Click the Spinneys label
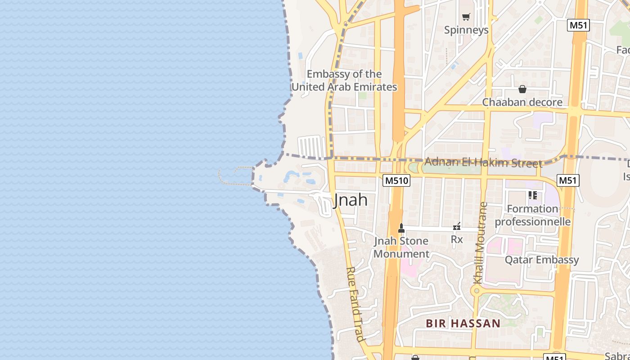pyautogui.click(x=466, y=30)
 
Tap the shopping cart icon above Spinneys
pyautogui.click(x=466, y=17)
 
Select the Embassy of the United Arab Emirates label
pyautogui.click(x=344, y=81)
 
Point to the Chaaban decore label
pyautogui.click(x=522, y=102)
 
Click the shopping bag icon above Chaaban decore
pyautogui.click(x=522, y=89)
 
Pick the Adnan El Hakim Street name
pyautogui.click(x=483, y=162)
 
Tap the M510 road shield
pyautogui.click(x=396, y=181)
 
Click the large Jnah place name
pyautogui.click(x=351, y=200)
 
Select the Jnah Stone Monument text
pyautogui.click(x=401, y=247)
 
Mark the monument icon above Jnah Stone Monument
pyautogui.click(x=401, y=228)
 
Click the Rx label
pyautogui.click(x=457, y=239)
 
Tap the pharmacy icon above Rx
pyautogui.click(x=457, y=226)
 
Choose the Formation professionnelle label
pyautogui.click(x=533, y=215)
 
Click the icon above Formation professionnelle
pyautogui.click(x=533, y=195)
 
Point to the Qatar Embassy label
pyautogui.click(x=541, y=260)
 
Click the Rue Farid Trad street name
pyautogui.click(x=355, y=304)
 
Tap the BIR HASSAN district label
pyautogui.click(x=463, y=323)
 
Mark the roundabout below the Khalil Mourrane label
pyautogui.click(x=475, y=291)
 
